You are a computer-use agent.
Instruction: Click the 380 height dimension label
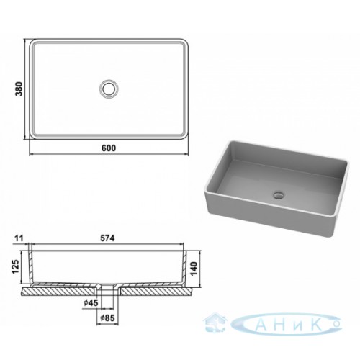pos(19,89)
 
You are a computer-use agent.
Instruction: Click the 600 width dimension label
pos(109,148)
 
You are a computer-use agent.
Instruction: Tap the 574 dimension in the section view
pos(107,238)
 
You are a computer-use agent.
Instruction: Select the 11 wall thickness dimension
pos(19,238)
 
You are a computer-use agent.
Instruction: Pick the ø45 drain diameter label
pos(91,303)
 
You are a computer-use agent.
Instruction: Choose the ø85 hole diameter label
pos(107,318)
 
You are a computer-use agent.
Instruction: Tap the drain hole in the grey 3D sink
pos(279,194)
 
